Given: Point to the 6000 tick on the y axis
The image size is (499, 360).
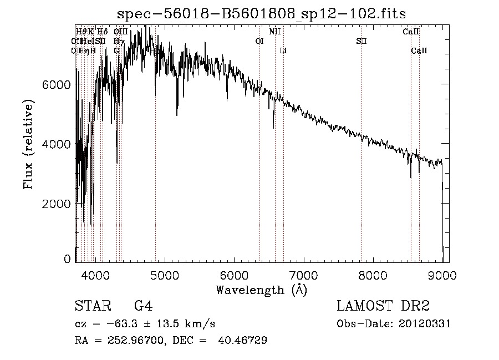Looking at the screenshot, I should (57, 84).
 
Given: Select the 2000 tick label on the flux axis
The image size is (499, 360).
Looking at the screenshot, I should (57, 204).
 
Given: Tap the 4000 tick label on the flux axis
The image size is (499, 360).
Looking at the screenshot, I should (57, 144).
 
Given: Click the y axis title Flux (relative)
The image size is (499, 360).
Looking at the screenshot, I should (28, 144).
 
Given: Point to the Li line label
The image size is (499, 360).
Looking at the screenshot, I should (283, 51).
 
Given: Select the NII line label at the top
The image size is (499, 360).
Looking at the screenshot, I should (274, 32).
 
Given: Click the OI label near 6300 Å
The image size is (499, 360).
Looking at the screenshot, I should (259, 42).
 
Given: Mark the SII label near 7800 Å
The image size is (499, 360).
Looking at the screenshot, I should (361, 42).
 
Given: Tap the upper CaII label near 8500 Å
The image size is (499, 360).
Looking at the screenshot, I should (410, 32).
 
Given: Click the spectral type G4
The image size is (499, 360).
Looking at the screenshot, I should (144, 306).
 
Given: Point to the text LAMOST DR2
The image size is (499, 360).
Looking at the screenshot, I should (383, 306).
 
